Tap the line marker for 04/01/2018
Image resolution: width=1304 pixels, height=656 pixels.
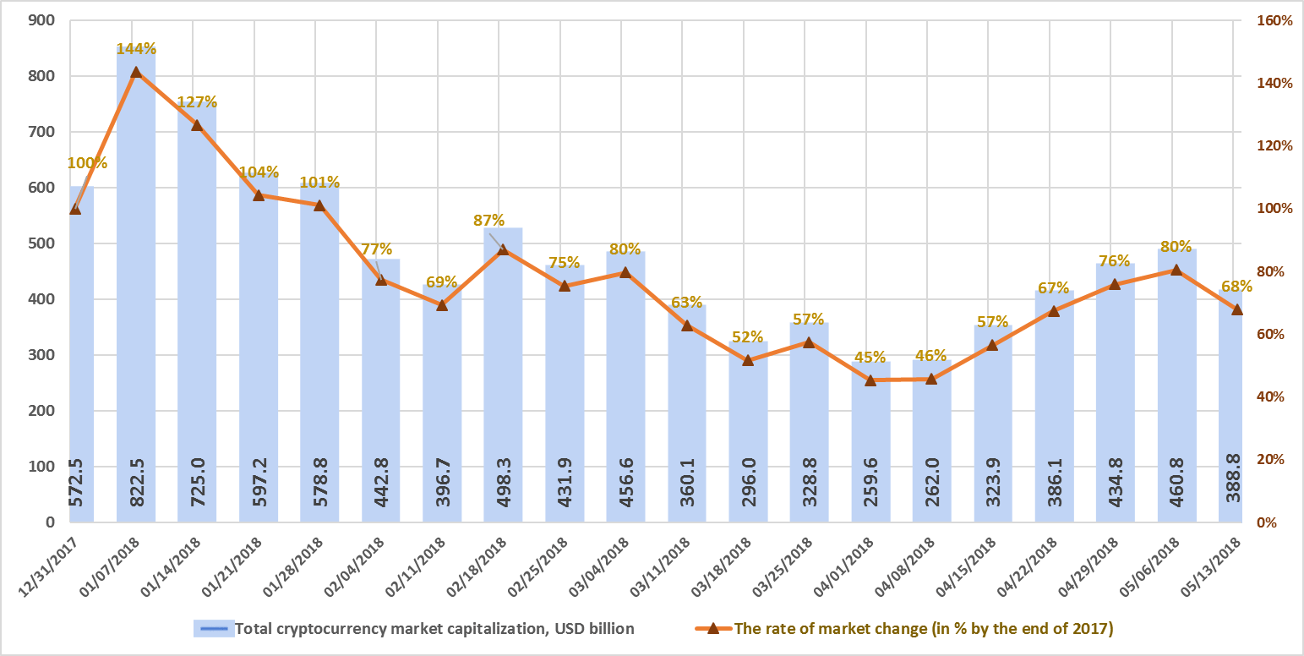870,380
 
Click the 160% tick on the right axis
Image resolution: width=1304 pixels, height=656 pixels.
1274,20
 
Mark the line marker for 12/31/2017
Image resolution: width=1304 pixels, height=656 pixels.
74,209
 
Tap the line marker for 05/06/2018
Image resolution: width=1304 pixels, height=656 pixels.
1176,270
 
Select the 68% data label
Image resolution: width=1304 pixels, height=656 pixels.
1235,287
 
